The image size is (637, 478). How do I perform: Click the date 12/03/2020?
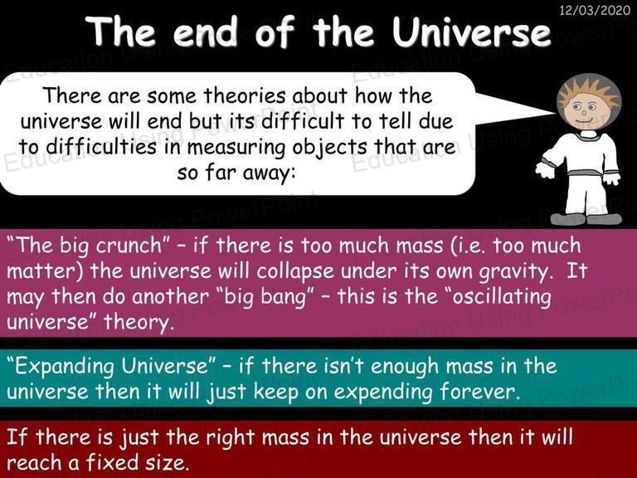(x=595, y=10)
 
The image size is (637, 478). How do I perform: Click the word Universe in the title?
(x=472, y=32)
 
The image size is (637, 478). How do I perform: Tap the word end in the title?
(x=206, y=32)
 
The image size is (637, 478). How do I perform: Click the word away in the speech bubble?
(x=269, y=173)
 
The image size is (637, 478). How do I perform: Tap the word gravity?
(x=516, y=272)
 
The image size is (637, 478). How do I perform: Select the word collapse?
(x=295, y=271)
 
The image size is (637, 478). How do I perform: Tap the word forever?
(x=479, y=392)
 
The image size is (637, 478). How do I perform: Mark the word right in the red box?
(x=230, y=438)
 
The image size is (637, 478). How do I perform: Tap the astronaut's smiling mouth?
(x=585, y=119)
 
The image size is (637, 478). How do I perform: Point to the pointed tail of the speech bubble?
(x=553, y=112)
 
